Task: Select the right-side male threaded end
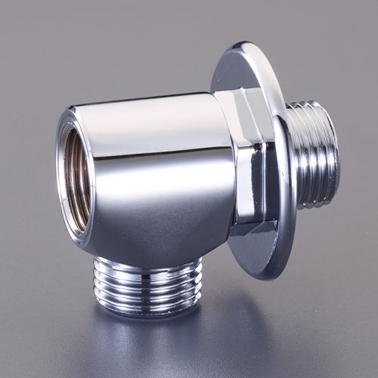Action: click(x=311, y=155)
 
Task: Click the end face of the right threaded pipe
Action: click(x=333, y=155)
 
